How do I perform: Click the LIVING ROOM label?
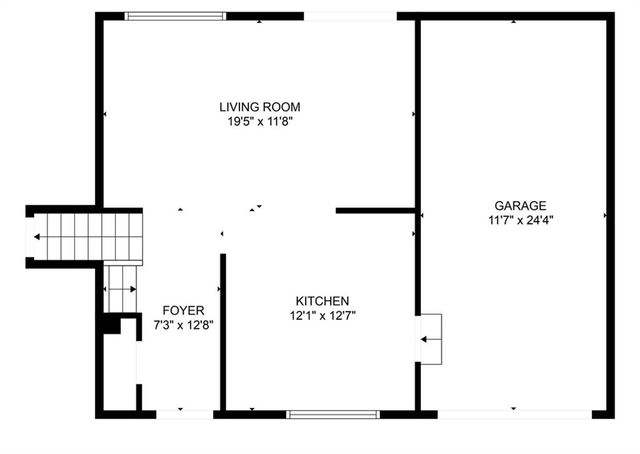click(260, 107)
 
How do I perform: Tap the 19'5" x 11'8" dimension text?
click(260, 121)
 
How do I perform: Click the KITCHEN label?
click(321, 301)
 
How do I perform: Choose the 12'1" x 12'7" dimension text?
click(321, 315)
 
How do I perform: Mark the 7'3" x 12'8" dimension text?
click(183, 324)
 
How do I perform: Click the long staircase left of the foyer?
click(86, 236)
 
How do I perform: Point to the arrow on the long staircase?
click(38, 237)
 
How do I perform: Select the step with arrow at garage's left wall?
click(430, 340)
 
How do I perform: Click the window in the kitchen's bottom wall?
click(333, 412)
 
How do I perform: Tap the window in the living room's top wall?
click(176, 16)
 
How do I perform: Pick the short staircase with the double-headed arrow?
click(121, 289)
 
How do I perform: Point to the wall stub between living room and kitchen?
click(375, 211)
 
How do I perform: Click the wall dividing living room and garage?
click(417, 110)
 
